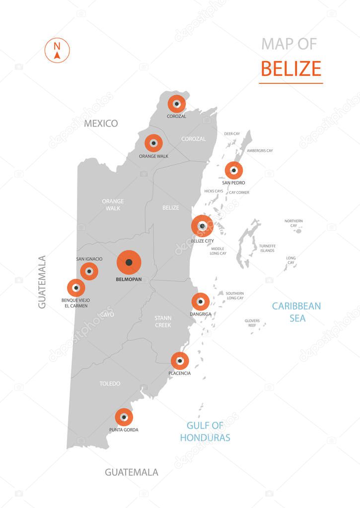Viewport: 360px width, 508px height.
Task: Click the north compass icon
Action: tap(57, 51)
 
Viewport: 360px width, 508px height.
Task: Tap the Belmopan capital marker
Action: tap(129, 262)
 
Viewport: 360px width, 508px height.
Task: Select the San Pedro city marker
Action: tap(234, 171)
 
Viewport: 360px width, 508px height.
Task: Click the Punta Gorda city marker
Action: tap(124, 417)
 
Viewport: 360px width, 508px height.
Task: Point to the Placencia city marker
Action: tap(180, 361)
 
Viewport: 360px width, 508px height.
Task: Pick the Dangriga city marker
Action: tap(200, 302)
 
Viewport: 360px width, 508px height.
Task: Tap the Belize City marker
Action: tap(202, 226)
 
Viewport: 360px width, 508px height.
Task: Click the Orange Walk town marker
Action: tap(153, 143)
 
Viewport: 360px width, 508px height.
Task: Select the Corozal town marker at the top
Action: tap(176, 104)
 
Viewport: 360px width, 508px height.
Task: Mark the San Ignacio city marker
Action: tap(89, 271)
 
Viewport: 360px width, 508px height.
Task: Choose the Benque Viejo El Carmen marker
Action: tap(76, 288)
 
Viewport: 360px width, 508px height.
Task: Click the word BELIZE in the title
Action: tap(291, 68)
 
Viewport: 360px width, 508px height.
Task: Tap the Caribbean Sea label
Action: tap(296, 312)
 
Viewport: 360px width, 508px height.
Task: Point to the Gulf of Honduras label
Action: tap(205, 432)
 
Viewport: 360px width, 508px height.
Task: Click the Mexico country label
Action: tap(101, 124)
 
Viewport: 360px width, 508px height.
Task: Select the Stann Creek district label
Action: tap(163, 321)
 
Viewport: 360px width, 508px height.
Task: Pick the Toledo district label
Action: tap(110, 383)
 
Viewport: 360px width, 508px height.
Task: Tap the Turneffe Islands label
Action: tap(267, 248)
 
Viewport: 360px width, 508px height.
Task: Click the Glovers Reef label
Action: tap(252, 323)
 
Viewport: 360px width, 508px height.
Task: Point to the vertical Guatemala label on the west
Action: tap(42, 282)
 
